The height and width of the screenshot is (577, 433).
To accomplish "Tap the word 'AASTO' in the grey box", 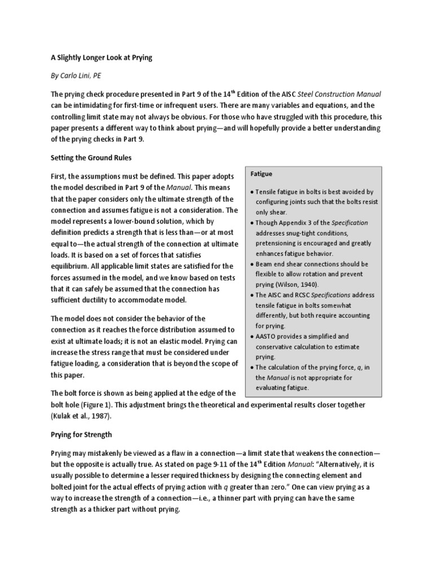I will point(268,336).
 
